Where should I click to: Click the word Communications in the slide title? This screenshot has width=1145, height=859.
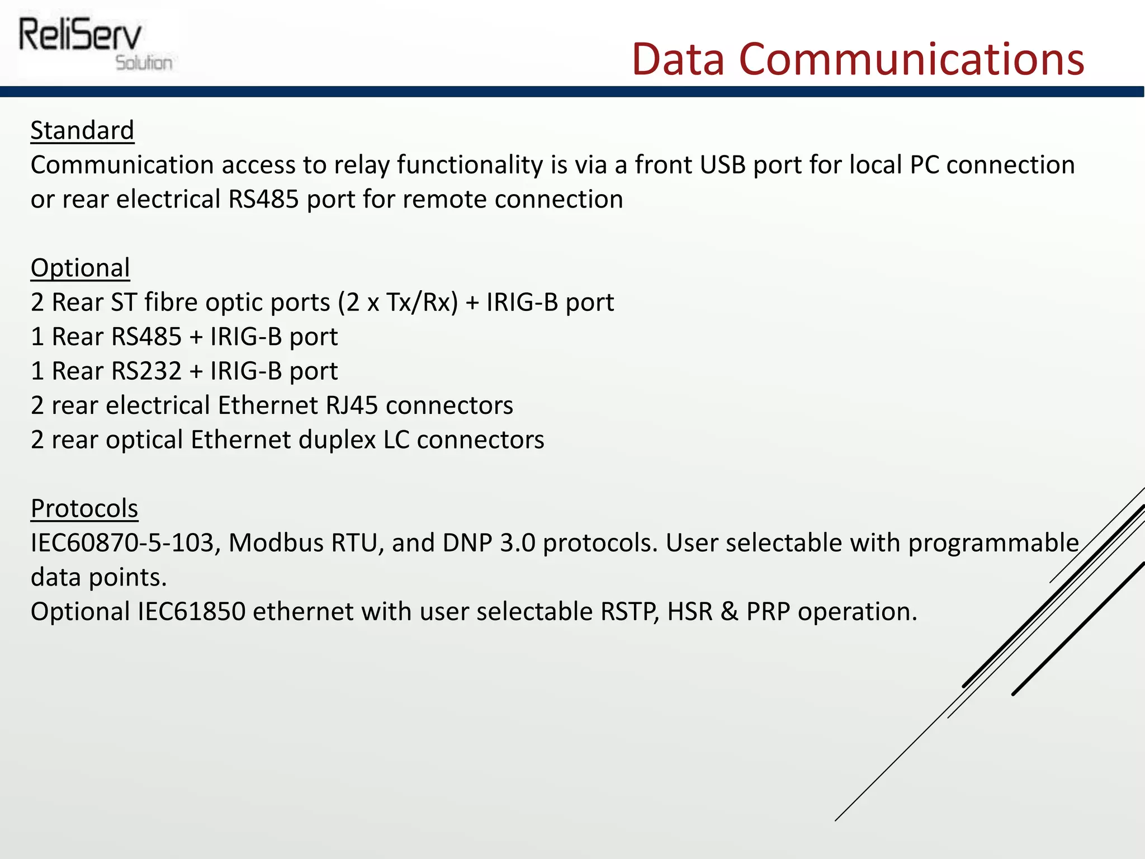[x=911, y=59]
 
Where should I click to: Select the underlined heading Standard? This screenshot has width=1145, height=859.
[x=82, y=130]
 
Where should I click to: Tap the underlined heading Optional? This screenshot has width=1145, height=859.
[x=80, y=268]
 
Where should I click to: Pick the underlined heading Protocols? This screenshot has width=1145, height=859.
[x=84, y=508]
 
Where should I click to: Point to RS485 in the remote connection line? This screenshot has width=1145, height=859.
[x=263, y=200]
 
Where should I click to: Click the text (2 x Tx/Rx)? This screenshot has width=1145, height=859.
[x=398, y=303]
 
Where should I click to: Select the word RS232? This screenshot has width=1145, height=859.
[x=146, y=371]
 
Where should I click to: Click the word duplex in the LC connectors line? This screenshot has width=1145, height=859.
[x=337, y=440]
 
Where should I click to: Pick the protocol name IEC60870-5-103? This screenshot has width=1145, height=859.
[x=122, y=543]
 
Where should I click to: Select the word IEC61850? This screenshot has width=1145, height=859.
[x=191, y=612]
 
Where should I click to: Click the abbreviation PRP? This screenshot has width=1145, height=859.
[x=768, y=612]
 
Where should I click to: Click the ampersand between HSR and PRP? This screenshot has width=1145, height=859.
[x=729, y=612]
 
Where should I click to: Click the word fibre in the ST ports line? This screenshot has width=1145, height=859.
[x=171, y=303]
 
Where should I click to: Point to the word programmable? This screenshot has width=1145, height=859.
[x=993, y=543]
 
